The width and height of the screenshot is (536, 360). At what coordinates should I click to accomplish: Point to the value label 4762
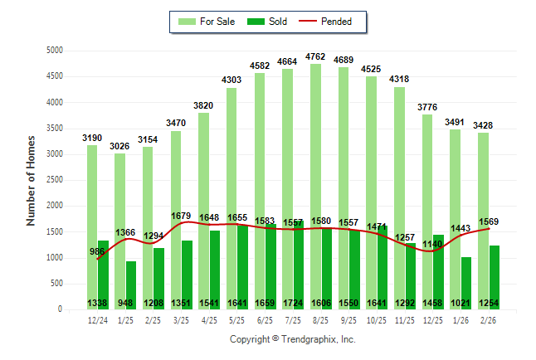pos(315,57)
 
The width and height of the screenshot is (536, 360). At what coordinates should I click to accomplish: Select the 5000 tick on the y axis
pos(55,51)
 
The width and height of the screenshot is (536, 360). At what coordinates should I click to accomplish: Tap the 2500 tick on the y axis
pos(55,180)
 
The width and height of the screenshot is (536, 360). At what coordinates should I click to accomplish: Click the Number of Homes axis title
pos(32,180)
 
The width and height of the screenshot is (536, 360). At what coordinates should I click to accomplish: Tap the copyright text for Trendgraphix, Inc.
pos(292,339)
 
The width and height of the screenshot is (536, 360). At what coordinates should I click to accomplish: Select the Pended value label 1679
pos(182,216)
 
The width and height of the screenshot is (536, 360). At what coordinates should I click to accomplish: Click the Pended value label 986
pos(97,251)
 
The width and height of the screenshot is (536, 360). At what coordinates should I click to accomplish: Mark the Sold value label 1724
pos(294,304)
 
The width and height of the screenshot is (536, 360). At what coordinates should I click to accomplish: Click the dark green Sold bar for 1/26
pos(467,283)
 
